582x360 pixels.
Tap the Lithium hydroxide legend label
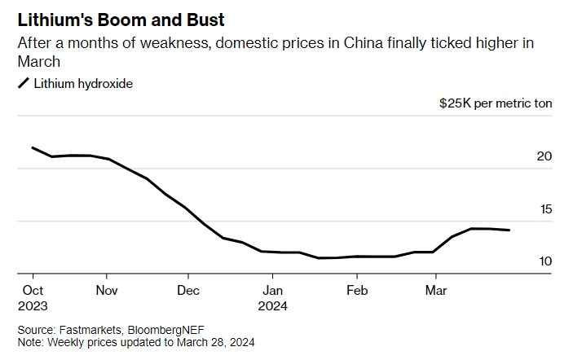tap(82, 83)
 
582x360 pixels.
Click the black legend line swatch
tap(24, 83)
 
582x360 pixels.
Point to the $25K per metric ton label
tap(496, 104)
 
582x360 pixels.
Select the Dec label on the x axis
tap(188, 290)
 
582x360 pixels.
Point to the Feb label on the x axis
tap(356, 290)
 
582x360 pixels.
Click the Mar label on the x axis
tap(436, 290)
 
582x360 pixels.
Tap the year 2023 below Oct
tap(32, 307)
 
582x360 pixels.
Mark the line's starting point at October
tap(32, 147)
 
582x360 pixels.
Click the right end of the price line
tap(510, 230)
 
